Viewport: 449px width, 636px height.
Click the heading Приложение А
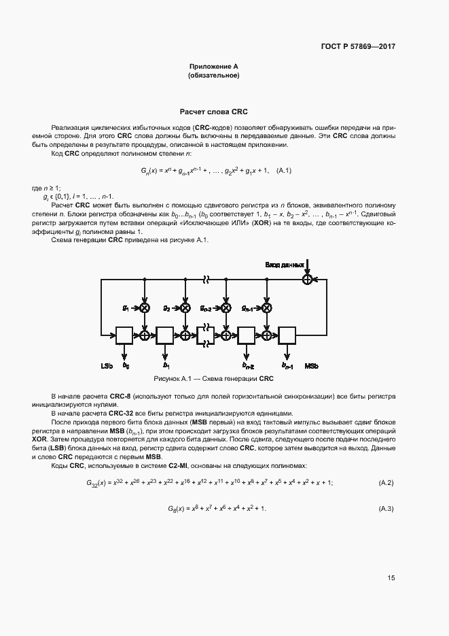pos(213,67)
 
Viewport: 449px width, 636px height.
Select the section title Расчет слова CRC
pos(213,111)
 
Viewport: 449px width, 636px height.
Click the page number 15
pos(391,578)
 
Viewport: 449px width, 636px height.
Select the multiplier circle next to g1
pos(145,307)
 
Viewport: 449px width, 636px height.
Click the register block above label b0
pos(124,335)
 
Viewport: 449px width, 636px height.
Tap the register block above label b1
pos(165,335)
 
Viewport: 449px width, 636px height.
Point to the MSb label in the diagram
pos(312,366)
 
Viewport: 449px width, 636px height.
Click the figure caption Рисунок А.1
pos(213,378)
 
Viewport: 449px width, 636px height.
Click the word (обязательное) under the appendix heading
pos(213,76)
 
